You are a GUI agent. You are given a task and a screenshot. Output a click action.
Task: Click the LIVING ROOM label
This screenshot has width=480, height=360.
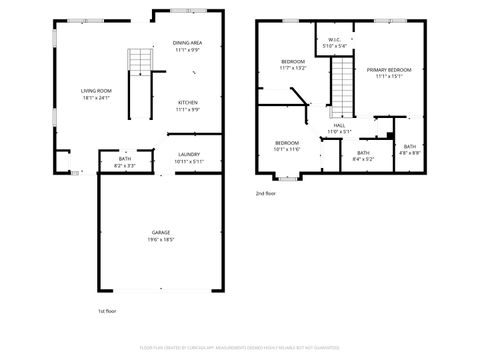pyautogui.click(x=95, y=91)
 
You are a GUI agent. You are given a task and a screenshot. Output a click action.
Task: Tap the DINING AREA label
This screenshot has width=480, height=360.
pyautogui.click(x=188, y=43)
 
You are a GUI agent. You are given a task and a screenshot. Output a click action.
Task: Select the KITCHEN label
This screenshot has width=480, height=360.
pyautogui.click(x=188, y=102)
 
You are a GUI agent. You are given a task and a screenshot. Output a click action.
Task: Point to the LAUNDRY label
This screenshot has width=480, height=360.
pyautogui.click(x=188, y=154)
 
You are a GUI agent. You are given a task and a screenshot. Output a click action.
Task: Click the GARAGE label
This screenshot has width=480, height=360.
pyautogui.click(x=161, y=233)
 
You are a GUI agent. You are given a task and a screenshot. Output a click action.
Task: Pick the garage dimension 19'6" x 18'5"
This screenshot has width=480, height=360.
pyautogui.click(x=161, y=240)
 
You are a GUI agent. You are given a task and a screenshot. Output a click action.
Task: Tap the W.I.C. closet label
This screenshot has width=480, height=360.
pyautogui.click(x=335, y=39)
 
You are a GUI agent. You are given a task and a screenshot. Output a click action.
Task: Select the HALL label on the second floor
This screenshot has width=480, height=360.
pyautogui.click(x=339, y=124)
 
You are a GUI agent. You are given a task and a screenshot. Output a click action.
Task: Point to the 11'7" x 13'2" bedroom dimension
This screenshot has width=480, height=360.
pyautogui.click(x=292, y=68)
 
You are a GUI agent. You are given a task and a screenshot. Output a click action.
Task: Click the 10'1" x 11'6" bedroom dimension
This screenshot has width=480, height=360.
pyautogui.click(x=287, y=149)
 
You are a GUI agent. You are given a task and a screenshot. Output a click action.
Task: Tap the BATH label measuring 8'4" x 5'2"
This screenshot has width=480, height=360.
pyautogui.click(x=363, y=152)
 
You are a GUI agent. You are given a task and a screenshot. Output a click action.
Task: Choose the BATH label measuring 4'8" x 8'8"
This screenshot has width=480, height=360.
pyautogui.click(x=410, y=147)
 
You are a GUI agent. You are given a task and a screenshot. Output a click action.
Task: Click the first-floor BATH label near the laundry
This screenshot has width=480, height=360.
pyautogui.click(x=125, y=158)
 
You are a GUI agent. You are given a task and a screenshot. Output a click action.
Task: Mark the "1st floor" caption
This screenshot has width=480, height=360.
pyautogui.click(x=108, y=311)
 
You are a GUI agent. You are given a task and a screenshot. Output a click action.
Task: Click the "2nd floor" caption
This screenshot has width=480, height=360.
pyautogui.click(x=265, y=192)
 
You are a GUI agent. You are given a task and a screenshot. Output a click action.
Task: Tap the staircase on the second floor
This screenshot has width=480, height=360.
pyautogui.click(x=344, y=86)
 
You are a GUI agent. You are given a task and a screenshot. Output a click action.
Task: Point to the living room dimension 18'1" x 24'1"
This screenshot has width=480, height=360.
pyautogui.click(x=95, y=98)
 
